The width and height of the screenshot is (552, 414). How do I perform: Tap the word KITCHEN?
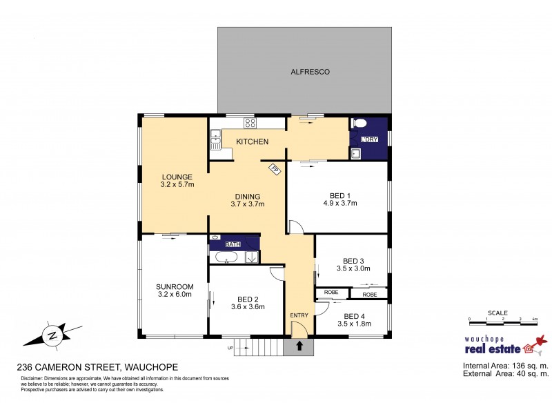[x=252, y=141]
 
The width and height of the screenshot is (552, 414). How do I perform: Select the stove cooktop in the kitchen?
[x=250, y=124]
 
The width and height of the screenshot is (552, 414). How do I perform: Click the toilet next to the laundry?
[x=358, y=124]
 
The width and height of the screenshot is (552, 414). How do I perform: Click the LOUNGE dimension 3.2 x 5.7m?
[x=177, y=185]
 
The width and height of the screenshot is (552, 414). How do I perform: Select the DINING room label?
[x=248, y=195]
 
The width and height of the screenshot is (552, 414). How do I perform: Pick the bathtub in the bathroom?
[x=227, y=259]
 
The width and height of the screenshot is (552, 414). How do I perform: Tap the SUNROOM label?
[x=174, y=286]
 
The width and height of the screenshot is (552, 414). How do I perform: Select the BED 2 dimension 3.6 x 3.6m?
[x=248, y=307]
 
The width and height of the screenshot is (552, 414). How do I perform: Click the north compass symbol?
[x=52, y=335]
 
